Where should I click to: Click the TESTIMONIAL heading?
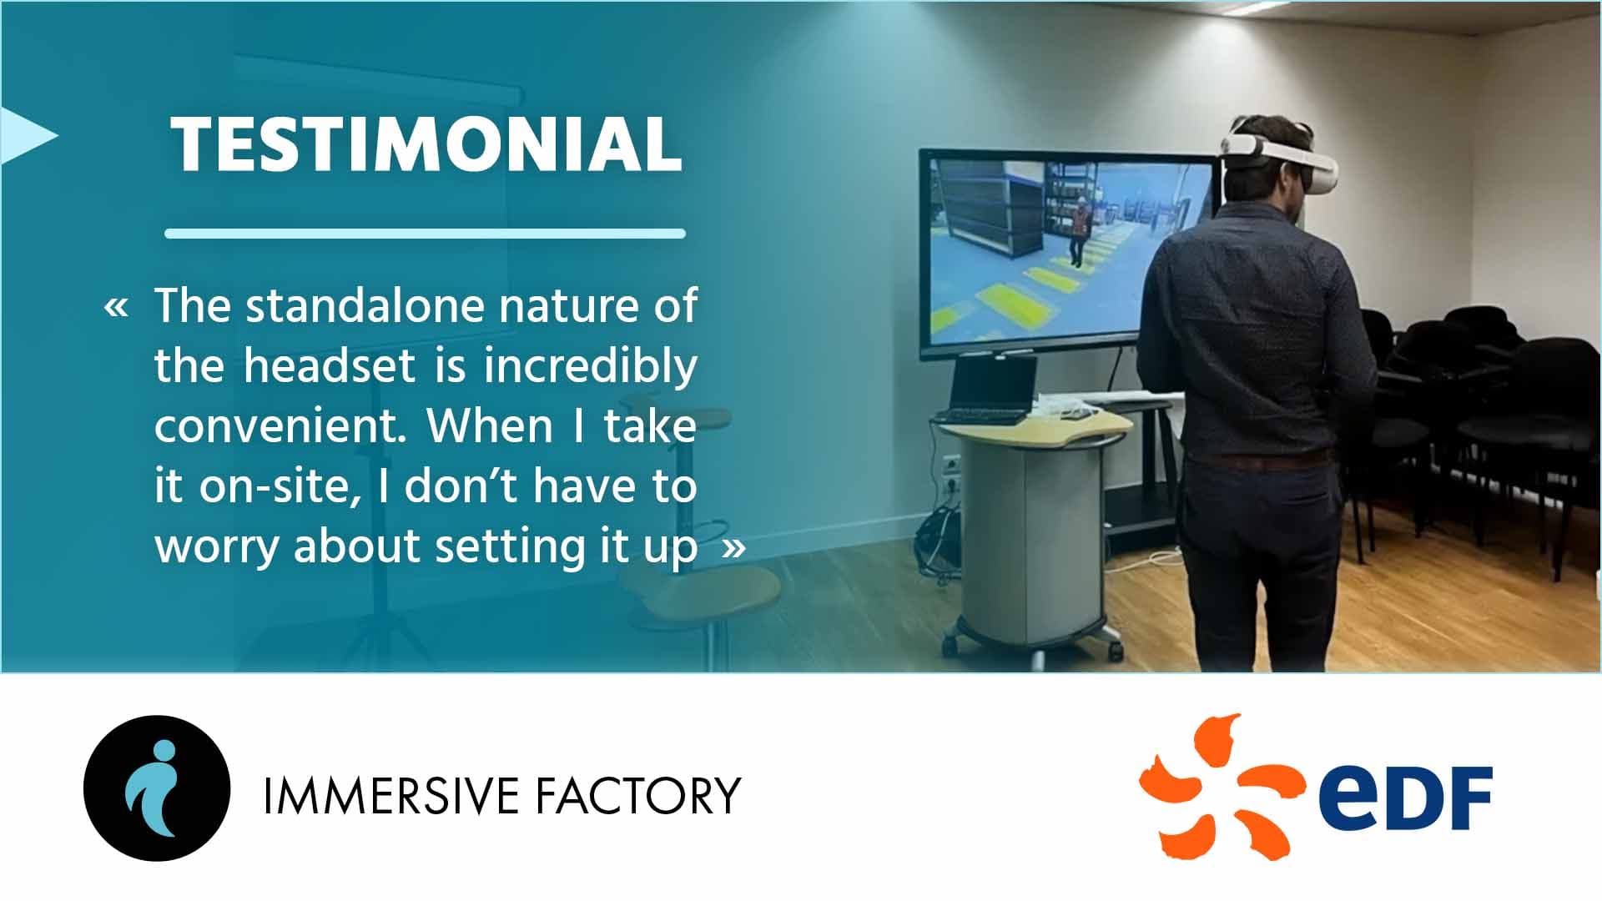tap(426, 144)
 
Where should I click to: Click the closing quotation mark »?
tap(733, 548)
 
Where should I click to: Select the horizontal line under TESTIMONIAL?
tap(425, 234)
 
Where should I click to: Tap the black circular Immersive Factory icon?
tap(157, 788)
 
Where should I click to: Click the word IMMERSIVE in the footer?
tap(392, 795)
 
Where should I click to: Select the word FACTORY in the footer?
tap(637, 795)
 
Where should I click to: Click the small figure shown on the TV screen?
tap(1077, 233)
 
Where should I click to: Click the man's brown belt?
tap(1260, 460)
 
